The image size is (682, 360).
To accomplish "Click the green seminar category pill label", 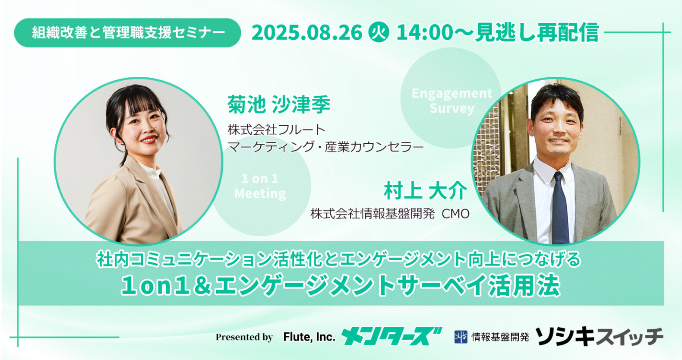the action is (128, 33).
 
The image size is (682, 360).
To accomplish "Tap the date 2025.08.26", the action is (307, 32).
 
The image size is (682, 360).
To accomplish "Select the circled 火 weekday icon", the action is (379, 32).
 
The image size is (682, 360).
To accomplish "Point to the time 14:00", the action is (425, 32).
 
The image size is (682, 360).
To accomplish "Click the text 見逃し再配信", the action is (537, 32).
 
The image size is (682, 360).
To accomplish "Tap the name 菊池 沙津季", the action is (279, 104).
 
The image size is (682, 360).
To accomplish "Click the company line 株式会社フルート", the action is (277, 130).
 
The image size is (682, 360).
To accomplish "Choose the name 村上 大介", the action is (425, 191).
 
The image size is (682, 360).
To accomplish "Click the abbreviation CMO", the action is (455, 214).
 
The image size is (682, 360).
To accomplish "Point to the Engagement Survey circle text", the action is (452, 101).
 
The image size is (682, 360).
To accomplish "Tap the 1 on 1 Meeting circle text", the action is (260, 186).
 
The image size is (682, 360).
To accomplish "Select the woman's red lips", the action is (149, 139).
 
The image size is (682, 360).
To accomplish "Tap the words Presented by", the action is (244, 337).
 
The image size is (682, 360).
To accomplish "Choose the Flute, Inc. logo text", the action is (309, 337).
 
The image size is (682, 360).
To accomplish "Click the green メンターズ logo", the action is (392, 336).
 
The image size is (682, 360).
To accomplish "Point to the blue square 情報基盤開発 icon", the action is (461, 337).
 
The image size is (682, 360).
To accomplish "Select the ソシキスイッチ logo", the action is (599, 337).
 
